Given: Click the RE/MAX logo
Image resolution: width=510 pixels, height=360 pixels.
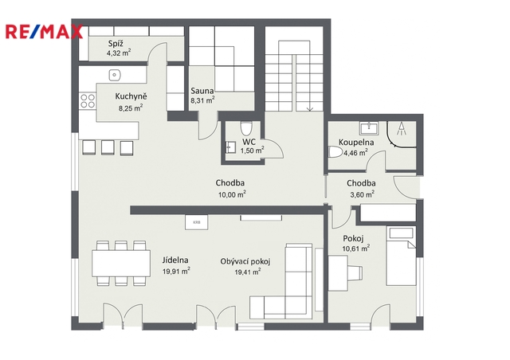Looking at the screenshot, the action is coord(44,32).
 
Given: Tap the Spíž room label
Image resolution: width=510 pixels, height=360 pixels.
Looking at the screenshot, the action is coord(116,44).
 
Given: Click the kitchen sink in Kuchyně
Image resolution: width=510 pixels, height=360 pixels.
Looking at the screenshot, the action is coord(115,75).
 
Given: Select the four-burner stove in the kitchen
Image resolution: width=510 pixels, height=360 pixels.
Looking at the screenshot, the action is coord(88,101).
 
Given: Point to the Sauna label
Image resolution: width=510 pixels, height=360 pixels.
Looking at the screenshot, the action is coord(202,91).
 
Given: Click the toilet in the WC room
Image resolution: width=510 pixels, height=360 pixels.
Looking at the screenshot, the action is coord(246,128).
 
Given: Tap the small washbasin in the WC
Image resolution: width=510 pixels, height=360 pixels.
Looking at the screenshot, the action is coord(230,147).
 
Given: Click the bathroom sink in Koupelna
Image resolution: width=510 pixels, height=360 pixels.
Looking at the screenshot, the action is coord(369,128).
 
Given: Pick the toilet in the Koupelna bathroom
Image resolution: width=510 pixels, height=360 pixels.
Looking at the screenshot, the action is coord(335,152).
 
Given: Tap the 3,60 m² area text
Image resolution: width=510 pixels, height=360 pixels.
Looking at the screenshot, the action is coord(362,194).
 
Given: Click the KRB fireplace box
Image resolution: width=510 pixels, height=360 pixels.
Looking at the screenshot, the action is coord(197,222).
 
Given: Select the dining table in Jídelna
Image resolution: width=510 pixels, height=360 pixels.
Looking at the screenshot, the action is coord(121,263).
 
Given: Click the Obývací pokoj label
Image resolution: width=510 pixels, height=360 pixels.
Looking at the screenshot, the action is coord(245,261).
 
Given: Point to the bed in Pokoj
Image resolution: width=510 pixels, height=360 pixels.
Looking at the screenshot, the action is coord(401,256).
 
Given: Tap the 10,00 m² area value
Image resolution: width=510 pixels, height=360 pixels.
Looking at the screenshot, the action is coord(232,194).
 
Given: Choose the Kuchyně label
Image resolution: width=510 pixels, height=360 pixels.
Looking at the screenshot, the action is coord(131,96).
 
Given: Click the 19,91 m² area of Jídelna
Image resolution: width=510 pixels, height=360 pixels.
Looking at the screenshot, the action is coord(176,271).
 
